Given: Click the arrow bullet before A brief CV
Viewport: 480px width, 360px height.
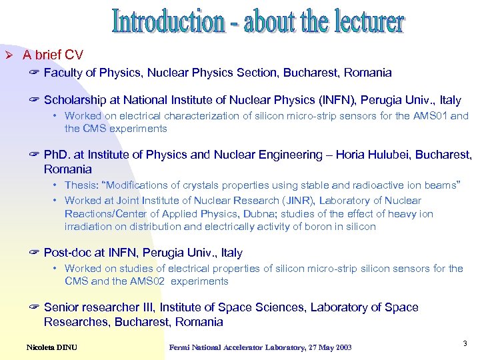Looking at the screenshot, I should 9,55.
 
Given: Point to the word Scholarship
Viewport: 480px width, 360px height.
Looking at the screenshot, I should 75,100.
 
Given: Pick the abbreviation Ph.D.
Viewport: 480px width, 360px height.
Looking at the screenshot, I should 59,155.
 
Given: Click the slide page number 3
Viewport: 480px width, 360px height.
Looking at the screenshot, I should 464,343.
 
